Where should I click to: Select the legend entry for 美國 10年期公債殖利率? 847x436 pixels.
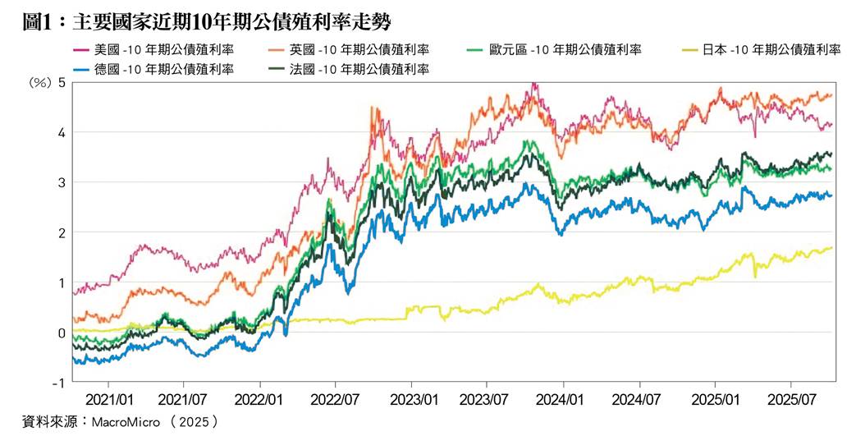click(153, 50)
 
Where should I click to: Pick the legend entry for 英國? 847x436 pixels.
click(349, 50)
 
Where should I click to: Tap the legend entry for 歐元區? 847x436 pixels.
click(553, 50)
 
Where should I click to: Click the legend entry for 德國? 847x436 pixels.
click(153, 69)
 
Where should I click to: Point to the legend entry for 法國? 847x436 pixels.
click(349, 69)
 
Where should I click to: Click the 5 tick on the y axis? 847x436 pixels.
click(62, 83)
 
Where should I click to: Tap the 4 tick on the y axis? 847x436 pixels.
click(62, 132)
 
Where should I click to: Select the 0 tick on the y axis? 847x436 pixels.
click(62, 333)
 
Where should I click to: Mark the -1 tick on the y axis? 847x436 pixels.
click(59, 383)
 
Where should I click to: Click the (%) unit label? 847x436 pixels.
click(39, 83)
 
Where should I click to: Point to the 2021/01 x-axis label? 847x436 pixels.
click(108, 401)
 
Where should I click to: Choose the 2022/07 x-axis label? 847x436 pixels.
click(336, 401)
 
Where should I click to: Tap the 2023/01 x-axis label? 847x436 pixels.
click(412, 401)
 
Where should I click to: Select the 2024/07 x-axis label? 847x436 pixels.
click(639, 401)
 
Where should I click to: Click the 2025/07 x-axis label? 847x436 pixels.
click(791, 401)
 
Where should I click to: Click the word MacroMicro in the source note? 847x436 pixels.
click(126, 421)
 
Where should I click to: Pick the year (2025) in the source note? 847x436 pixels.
click(193, 421)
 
